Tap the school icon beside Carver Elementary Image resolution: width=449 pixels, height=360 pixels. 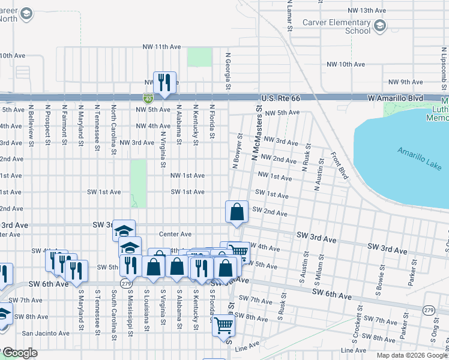tap(380, 26)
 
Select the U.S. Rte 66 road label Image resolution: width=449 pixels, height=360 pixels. tap(282, 98)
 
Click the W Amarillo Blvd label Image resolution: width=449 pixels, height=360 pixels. tap(395, 98)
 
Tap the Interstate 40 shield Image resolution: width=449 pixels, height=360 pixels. tap(148, 98)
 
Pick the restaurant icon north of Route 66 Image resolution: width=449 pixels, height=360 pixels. tap(164, 82)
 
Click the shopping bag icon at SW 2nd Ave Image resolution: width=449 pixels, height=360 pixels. tap(237, 212)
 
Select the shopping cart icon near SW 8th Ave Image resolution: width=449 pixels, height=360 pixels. tap(223, 326)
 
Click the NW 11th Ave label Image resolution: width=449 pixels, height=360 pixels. tap(161, 47)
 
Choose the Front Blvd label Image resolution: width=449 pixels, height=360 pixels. tap(340, 166)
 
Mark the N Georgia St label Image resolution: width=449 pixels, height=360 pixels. tap(229, 70)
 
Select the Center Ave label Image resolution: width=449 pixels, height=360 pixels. tap(175, 234)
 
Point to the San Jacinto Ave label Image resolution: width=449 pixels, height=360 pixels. tap(46, 333)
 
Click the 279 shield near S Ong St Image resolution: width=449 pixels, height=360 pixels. tap(429, 310)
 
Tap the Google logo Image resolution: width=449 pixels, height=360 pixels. tap(20, 353)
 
